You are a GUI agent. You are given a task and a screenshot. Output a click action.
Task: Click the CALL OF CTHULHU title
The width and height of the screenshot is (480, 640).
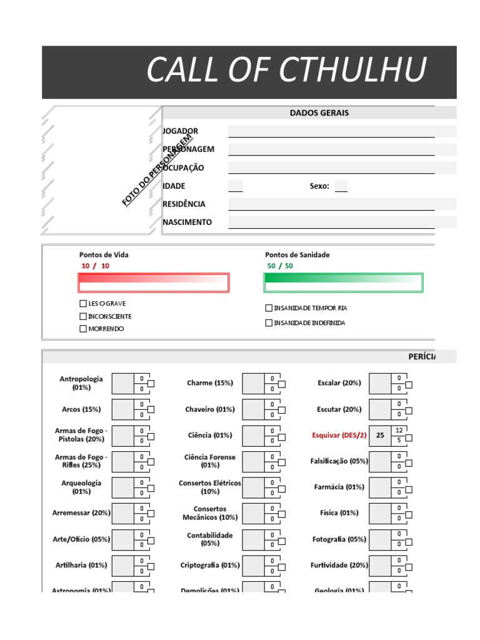[x=286, y=70]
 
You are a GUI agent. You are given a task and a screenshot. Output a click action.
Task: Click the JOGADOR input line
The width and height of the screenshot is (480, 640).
[x=331, y=131]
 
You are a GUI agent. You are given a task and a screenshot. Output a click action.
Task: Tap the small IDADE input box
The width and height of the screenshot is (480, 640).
[x=236, y=186]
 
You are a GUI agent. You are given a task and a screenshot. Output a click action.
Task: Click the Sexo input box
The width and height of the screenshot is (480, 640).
[x=341, y=186]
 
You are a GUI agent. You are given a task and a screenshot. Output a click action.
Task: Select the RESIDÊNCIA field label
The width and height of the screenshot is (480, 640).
[x=184, y=204]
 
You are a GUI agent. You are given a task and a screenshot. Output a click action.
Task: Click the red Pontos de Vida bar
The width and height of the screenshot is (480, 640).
[x=153, y=283]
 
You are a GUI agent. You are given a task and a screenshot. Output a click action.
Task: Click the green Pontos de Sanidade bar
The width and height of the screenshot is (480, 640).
[x=343, y=283]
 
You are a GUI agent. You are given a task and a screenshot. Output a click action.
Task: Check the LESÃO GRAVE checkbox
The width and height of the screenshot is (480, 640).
[x=83, y=303]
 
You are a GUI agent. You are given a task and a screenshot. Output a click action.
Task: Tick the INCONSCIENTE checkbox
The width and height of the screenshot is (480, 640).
[x=83, y=316]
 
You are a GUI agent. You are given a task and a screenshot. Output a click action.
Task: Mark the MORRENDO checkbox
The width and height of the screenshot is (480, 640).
[x=83, y=329]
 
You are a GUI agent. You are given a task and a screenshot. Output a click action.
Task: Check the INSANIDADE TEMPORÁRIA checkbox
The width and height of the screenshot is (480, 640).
[x=269, y=308]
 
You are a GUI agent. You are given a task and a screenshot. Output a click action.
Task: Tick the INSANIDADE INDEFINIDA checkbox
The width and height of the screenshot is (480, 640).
[x=269, y=323]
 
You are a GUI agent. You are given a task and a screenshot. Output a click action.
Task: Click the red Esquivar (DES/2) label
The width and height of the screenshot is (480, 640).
[x=339, y=435]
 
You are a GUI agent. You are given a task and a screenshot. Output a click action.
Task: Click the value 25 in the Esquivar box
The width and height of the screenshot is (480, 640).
[x=379, y=435]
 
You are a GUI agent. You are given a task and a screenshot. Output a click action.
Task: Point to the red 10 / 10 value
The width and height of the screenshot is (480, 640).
[x=95, y=266]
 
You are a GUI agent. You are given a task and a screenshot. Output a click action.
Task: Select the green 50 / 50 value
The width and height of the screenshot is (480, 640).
[x=280, y=266]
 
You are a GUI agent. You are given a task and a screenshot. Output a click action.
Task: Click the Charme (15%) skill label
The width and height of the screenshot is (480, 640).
[x=209, y=382]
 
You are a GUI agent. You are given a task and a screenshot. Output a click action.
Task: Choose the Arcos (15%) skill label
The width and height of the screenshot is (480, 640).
[x=81, y=409]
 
